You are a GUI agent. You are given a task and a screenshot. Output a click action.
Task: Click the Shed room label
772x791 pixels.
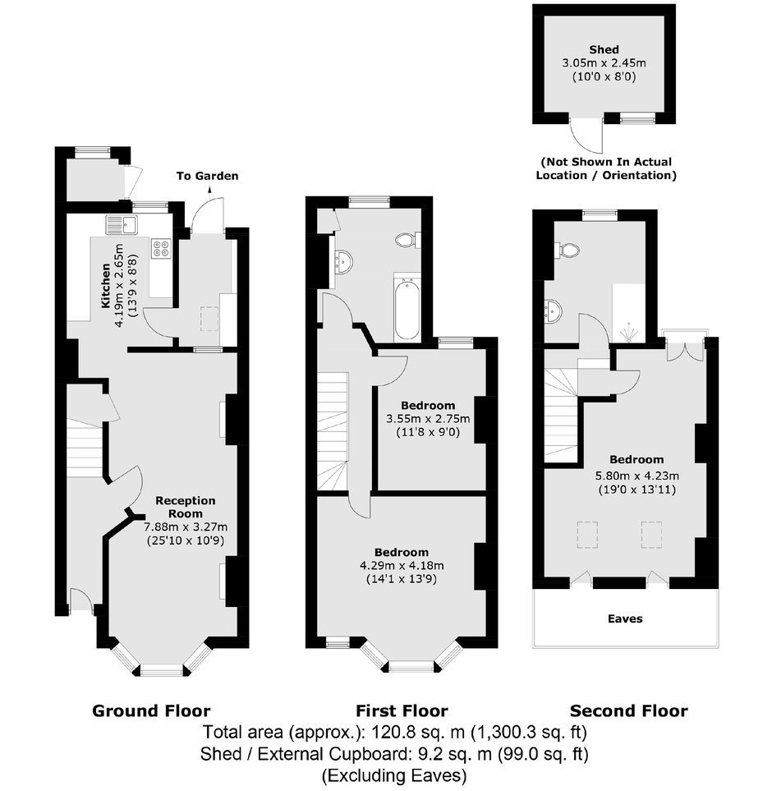[604, 49]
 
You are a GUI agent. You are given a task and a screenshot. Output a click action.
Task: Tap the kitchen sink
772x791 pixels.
[122, 224]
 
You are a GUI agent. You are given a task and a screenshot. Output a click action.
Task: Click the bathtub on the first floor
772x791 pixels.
[407, 309]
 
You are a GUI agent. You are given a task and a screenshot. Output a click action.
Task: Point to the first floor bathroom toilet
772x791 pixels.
[408, 240]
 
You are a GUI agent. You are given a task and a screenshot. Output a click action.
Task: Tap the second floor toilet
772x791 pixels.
[567, 249]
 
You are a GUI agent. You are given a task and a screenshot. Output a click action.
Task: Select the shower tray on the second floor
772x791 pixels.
[628, 313]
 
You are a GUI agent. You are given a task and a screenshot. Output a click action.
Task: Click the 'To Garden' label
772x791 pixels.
[207, 176]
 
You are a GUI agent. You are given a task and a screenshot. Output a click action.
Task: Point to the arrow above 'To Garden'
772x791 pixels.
[209, 190]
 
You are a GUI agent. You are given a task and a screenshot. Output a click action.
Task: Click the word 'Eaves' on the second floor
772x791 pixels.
[625, 619]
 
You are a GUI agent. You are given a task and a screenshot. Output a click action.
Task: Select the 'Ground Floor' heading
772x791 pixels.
[151, 711]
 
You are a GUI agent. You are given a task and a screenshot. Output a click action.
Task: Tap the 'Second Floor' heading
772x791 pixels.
[629, 711]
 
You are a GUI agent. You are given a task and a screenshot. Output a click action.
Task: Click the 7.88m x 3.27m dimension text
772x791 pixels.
[186, 527]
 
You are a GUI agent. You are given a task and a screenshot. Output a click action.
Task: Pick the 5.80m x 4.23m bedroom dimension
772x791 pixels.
[637, 476]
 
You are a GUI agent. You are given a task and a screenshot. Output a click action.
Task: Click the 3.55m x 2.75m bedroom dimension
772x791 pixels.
[428, 419]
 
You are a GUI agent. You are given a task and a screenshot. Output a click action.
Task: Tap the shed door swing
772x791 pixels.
[586, 136]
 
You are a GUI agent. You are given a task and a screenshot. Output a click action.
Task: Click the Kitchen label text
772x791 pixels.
[106, 286]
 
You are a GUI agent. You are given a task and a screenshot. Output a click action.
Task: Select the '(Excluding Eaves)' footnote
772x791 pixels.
[394, 775]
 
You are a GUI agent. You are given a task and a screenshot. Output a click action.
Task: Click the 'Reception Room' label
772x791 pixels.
[186, 507]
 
